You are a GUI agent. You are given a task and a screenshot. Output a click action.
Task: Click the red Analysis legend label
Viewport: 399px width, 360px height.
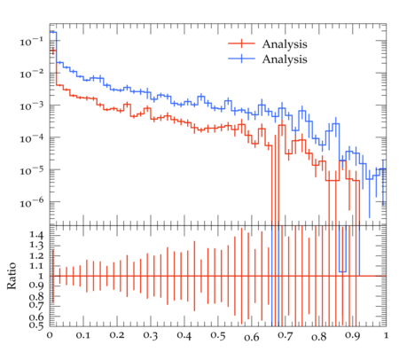pyautogui.click(x=285, y=44)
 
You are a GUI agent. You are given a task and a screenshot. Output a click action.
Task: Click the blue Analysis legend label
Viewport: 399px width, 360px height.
pyautogui.click(x=285, y=59)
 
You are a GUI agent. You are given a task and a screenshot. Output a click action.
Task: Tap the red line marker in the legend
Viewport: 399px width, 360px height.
pyautogui.click(x=241, y=43)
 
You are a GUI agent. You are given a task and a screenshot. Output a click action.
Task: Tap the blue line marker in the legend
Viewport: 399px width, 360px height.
pyautogui.click(x=241, y=59)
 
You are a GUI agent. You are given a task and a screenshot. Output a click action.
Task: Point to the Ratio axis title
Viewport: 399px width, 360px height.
pyautogui.click(x=12, y=276)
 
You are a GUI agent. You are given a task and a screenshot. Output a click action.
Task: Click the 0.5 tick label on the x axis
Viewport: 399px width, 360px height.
pyautogui.click(x=218, y=336)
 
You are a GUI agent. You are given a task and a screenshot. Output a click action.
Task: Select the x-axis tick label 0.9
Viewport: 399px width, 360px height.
pyautogui.click(x=352, y=336)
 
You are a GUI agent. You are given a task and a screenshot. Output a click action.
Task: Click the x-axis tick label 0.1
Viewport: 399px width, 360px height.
pyautogui.click(x=83, y=336)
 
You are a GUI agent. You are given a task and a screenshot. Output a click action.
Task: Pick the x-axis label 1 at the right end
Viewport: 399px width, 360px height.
pyautogui.click(x=386, y=335)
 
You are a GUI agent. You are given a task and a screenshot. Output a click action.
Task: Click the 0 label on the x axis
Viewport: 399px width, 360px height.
pyautogui.click(x=50, y=336)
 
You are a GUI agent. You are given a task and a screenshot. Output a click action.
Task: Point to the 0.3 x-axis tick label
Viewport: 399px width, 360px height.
pyautogui.click(x=151, y=336)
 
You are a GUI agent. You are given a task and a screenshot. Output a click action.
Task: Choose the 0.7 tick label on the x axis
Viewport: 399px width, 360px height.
pyautogui.click(x=286, y=336)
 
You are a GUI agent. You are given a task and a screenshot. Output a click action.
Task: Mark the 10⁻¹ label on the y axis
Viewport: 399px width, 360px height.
pyautogui.click(x=32, y=42)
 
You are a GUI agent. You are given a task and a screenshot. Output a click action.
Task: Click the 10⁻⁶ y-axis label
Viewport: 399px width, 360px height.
pyautogui.click(x=32, y=203)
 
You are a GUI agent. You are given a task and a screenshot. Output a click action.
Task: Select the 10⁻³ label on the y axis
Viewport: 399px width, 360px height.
pyautogui.click(x=32, y=106)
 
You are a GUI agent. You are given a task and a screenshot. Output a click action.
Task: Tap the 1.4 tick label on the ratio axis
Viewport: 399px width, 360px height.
pyautogui.click(x=36, y=235)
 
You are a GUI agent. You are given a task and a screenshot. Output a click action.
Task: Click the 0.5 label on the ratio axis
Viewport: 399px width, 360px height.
pyautogui.click(x=36, y=325)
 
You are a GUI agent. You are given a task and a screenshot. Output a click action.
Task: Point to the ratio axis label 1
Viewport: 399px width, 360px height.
pyautogui.click(x=41, y=276)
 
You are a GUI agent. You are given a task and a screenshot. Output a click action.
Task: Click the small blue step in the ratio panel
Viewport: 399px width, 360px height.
pyautogui.click(x=342, y=271)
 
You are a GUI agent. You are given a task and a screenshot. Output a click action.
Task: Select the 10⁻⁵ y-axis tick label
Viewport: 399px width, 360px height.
pyautogui.click(x=32, y=170)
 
